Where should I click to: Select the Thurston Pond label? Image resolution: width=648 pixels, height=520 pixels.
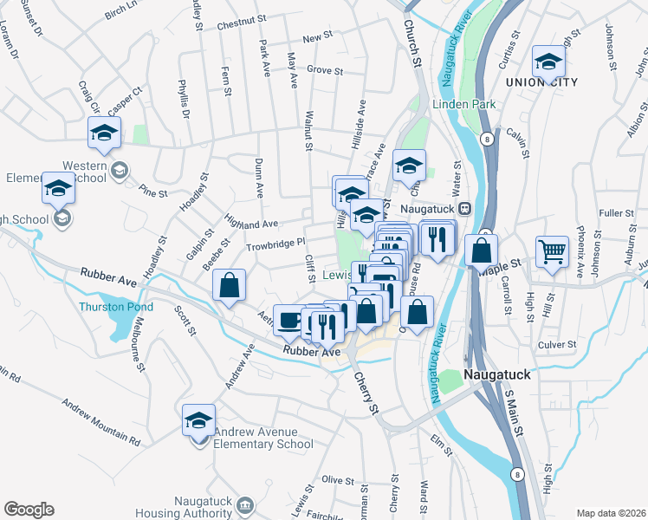click(x=116, y=307)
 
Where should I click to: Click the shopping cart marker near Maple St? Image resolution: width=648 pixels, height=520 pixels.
click(x=552, y=250)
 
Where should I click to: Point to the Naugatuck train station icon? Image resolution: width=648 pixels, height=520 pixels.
click(x=465, y=208)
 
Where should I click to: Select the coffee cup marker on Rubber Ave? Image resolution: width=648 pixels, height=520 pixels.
click(x=289, y=320)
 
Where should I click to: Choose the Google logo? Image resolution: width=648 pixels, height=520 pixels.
click(x=29, y=510)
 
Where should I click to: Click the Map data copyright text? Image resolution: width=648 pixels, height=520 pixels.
click(x=612, y=512)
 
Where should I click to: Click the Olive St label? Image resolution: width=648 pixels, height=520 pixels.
click(x=334, y=479)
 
